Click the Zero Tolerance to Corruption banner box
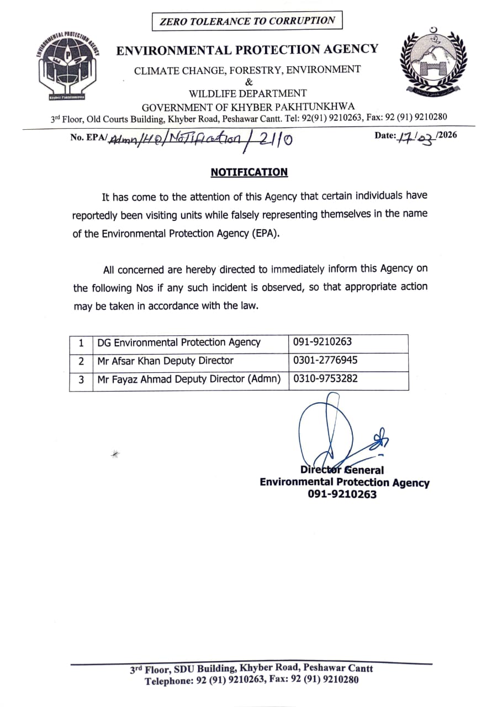coord(247,22)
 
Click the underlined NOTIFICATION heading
coord(249,172)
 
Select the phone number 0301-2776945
coord(325,361)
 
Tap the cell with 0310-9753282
coord(325,379)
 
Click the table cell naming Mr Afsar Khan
coord(165,361)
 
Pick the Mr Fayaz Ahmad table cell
coord(188,379)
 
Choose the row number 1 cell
coord(81,342)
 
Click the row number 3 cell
coord(81,379)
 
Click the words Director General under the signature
coord(342,470)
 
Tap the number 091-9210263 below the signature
coord(342,494)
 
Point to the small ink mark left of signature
coord(115,453)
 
